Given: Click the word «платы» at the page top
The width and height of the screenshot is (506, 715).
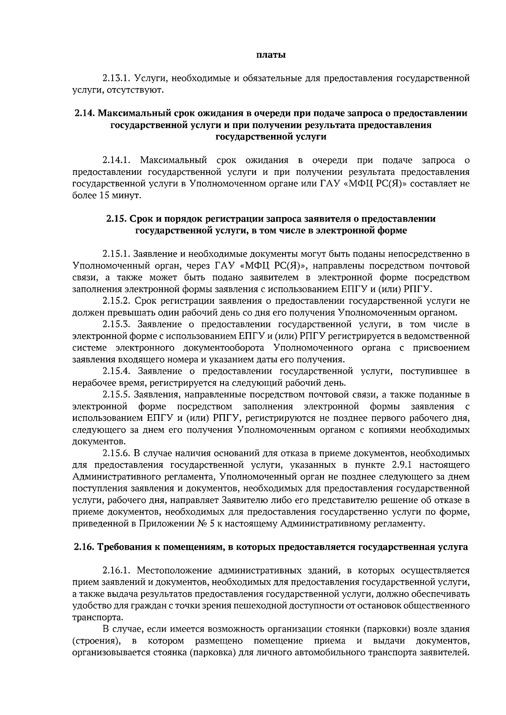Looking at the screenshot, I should click(x=272, y=55).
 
